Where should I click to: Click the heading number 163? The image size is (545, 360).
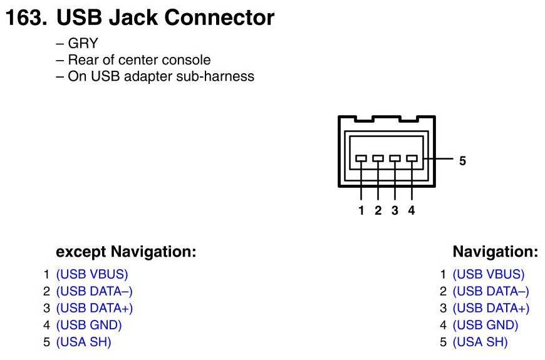tap(26, 18)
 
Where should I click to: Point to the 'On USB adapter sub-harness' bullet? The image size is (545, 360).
tap(161, 76)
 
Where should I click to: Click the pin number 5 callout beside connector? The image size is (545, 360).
tap(462, 161)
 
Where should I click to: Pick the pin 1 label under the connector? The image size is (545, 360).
tap(361, 211)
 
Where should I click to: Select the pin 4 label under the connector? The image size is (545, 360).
tap(412, 211)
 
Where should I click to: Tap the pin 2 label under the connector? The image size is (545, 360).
tap(378, 211)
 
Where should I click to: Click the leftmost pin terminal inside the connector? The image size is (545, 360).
tap(361, 159)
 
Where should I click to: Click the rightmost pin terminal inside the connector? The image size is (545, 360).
tap(412, 159)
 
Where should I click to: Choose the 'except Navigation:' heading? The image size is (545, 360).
tap(126, 252)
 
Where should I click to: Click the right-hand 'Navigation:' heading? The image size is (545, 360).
tap(495, 252)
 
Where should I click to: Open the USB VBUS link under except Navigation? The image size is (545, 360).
tap(92, 274)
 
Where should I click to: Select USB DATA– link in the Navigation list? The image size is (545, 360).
tap(491, 291)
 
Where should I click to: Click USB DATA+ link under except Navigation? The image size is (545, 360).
tap(95, 308)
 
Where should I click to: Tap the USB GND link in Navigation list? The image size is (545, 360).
tap(485, 325)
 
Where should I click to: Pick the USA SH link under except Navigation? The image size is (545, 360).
tap(84, 342)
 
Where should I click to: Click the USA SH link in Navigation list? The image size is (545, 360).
tap(480, 342)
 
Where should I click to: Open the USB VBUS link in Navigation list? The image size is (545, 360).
tap(489, 274)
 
